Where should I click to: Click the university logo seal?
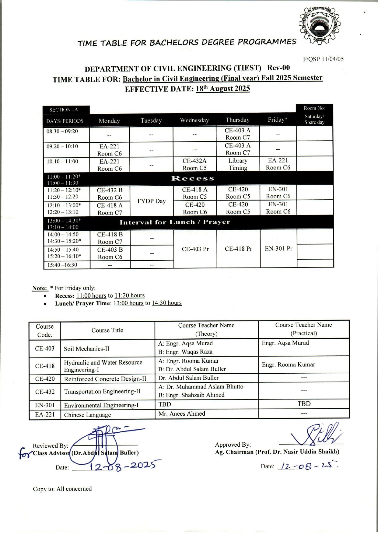pos(319,26)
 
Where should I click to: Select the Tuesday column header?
pos(151,120)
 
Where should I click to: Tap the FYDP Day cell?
pos(151,201)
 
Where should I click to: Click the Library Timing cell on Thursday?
pos(238,164)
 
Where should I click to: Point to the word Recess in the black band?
pos(192,178)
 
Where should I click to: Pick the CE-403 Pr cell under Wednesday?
pos(195,249)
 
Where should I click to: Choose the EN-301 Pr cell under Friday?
pos(278,249)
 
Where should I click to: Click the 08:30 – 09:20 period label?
pos(62,131)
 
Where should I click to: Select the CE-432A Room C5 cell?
pos(194,164)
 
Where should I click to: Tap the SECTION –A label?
pos(64,110)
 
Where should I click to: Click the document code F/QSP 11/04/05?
pos(323,59)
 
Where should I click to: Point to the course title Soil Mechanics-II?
pos(86,349)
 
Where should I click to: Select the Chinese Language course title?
pos(87,415)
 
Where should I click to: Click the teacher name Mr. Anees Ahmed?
pos(182,414)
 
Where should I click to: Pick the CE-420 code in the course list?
pos(45,379)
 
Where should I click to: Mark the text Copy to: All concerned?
pos(62,489)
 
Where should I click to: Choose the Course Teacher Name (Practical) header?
pos(303,329)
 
